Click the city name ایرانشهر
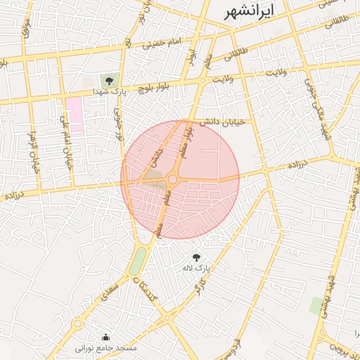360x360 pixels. [249, 11]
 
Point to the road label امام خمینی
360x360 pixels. [162, 44]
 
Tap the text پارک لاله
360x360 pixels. [196, 269]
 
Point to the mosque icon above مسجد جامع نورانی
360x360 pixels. [105, 337]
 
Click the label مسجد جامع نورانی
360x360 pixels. [107, 348]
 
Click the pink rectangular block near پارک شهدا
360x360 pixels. [74, 115]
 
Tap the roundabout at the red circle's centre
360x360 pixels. [172, 180]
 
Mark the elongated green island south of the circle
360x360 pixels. [138, 260]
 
